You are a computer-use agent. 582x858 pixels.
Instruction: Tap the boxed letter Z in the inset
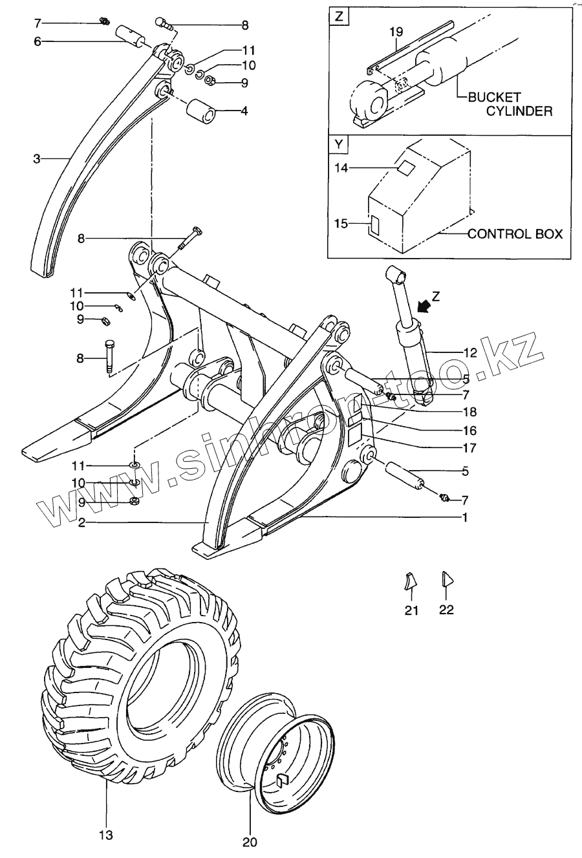338,16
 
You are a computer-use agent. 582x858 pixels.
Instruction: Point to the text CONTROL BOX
515,233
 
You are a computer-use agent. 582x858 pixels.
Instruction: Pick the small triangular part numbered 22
446,579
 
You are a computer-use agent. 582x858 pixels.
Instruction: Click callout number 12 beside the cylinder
470,352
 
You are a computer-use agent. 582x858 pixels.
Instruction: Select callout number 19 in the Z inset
396,30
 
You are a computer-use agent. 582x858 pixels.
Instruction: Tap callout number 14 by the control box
341,168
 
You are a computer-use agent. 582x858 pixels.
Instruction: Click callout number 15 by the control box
341,224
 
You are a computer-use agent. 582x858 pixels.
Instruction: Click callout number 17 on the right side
470,447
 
